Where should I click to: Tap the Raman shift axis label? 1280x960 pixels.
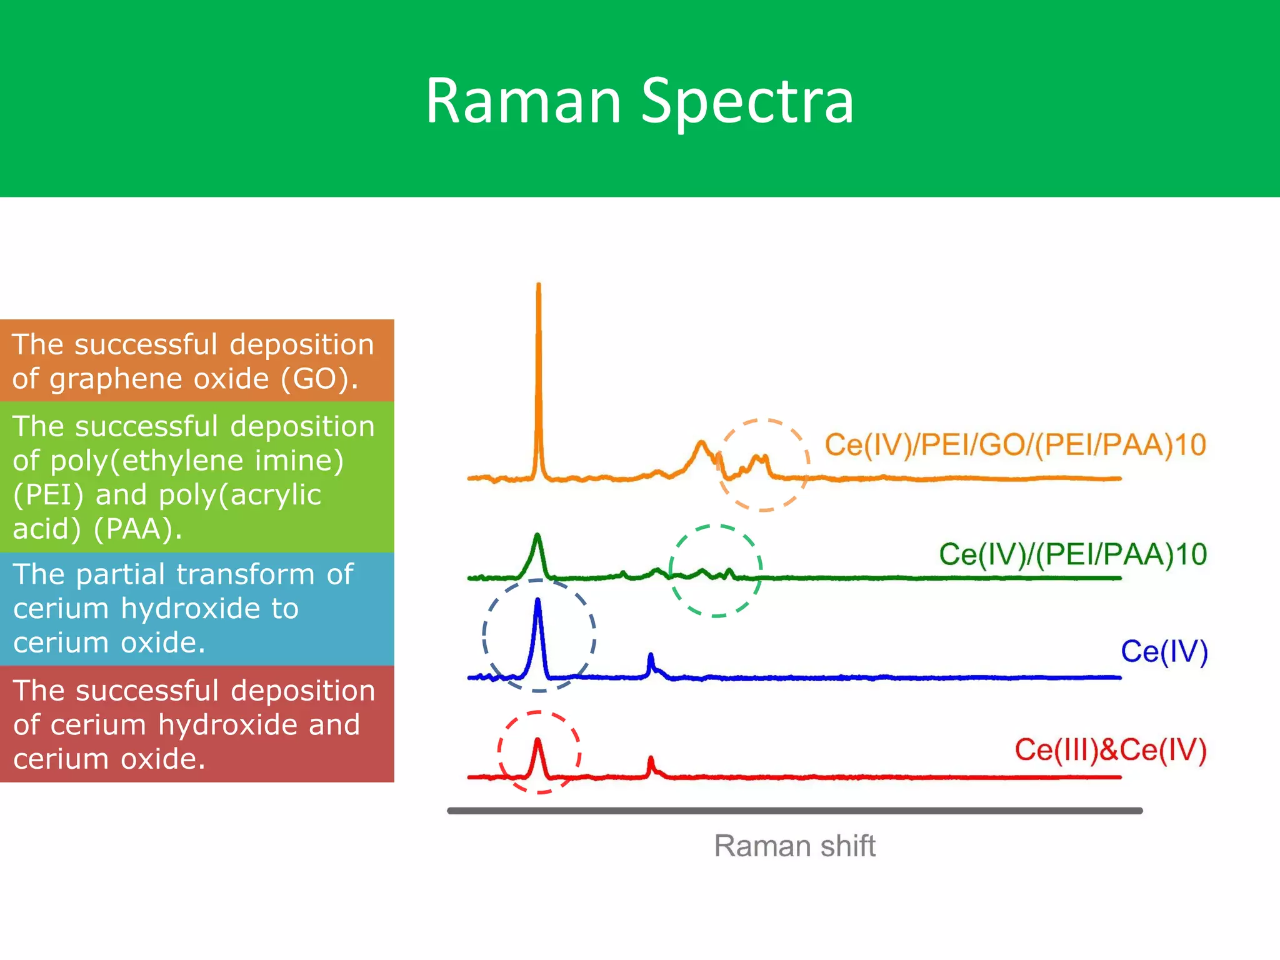tap(794, 846)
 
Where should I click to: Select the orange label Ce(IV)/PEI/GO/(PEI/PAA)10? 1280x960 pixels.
tap(1014, 445)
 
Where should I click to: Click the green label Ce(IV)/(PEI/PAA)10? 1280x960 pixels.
tap(1072, 554)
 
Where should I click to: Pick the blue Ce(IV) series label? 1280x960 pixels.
tap(1164, 652)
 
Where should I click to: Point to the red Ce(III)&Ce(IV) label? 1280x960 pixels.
tap(1110, 750)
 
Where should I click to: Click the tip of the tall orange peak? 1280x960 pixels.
tap(539, 286)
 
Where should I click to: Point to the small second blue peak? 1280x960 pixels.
tap(651, 656)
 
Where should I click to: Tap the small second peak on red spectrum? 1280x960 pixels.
tap(651, 759)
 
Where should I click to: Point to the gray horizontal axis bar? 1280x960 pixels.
tap(794, 811)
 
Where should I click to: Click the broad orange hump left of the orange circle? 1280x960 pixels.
tap(701, 445)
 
